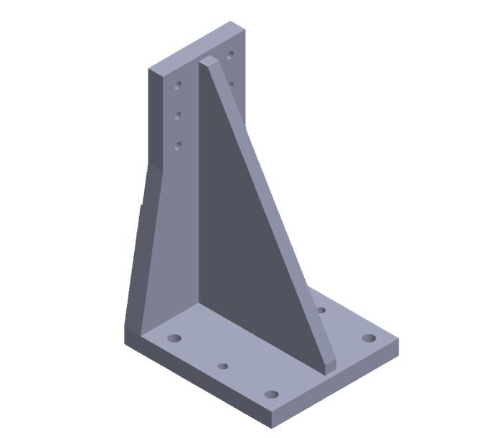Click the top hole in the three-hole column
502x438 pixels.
179,85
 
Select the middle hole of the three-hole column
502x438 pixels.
179,115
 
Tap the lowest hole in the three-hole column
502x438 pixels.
179,146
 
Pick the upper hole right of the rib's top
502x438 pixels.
231,54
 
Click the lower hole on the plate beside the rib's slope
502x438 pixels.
231,84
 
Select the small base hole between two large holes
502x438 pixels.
223,366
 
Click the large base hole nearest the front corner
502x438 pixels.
271,395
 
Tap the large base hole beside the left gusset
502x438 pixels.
174,337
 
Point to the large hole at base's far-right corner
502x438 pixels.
369,338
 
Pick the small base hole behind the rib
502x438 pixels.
321,310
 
